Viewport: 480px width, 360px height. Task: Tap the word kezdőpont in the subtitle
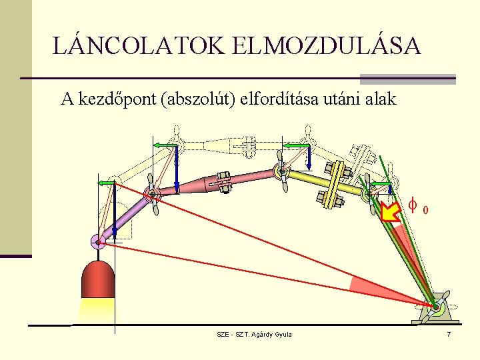[117, 100]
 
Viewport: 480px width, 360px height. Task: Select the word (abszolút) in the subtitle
[199, 100]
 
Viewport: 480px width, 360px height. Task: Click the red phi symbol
[413, 208]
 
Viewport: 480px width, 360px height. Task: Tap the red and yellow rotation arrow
[391, 213]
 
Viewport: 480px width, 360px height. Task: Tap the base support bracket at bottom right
[437, 310]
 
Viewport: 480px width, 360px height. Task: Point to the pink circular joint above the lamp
[99, 241]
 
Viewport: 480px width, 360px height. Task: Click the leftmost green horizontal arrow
[107, 182]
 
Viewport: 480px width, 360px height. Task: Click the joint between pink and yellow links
[282, 172]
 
